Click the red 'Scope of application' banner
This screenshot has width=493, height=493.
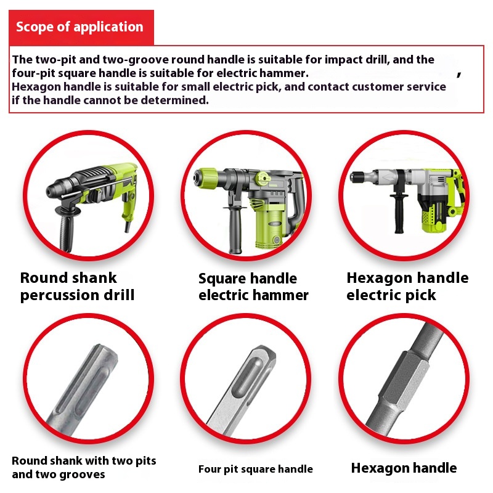pyautogui.click(x=81, y=28)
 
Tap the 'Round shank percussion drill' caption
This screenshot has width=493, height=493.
pyautogui.click(x=78, y=287)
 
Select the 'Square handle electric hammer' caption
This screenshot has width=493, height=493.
pyautogui.click(x=253, y=287)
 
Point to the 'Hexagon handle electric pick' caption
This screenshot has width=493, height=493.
pyautogui.click(x=407, y=287)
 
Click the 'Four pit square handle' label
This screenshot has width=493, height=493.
pyautogui.click(x=256, y=469)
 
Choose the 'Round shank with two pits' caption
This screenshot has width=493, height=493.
pyautogui.click(x=84, y=460)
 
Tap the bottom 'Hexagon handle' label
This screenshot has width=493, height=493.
pyautogui.click(x=404, y=468)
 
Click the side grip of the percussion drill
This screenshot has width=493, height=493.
pyautogui.click(x=65, y=228)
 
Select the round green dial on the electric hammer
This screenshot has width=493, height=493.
pyautogui.click(x=263, y=179)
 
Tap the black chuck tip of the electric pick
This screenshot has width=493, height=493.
pyautogui.click(x=358, y=176)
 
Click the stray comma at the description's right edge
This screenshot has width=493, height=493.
pyautogui.click(x=459, y=74)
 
